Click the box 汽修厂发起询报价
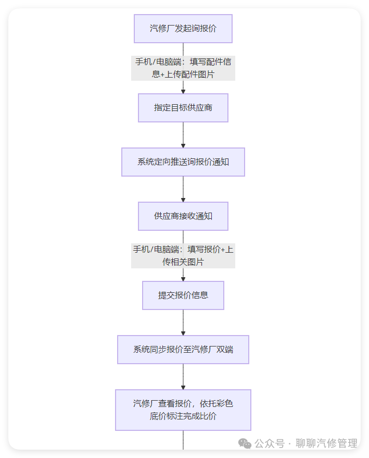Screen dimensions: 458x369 (x=183, y=29)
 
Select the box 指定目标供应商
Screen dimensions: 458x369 (x=183, y=108)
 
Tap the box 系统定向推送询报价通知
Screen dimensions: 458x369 (x=183, y=162)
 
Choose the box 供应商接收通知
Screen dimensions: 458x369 (x=183, y=216)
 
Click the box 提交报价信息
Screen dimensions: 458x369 (x=183, y=295)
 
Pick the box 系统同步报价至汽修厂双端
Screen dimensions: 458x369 (x=183, y=350)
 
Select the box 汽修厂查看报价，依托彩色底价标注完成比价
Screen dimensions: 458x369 (x=183, y=410)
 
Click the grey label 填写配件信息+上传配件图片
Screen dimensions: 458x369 (x=183, y=68)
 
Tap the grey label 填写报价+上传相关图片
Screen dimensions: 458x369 (x=183, y=255)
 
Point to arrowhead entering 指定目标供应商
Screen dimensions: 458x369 (x=183, y=91)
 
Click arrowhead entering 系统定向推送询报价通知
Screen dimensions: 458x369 (x=183, y=145)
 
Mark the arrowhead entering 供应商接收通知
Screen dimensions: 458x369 (x=183, y=200)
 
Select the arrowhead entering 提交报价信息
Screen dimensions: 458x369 (x=183, y=279)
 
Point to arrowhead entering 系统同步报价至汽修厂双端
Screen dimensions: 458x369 (x=183, y=333)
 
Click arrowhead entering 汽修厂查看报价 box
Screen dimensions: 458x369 (x=183, y=387)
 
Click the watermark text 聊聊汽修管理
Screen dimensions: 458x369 (x=326, y=443)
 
